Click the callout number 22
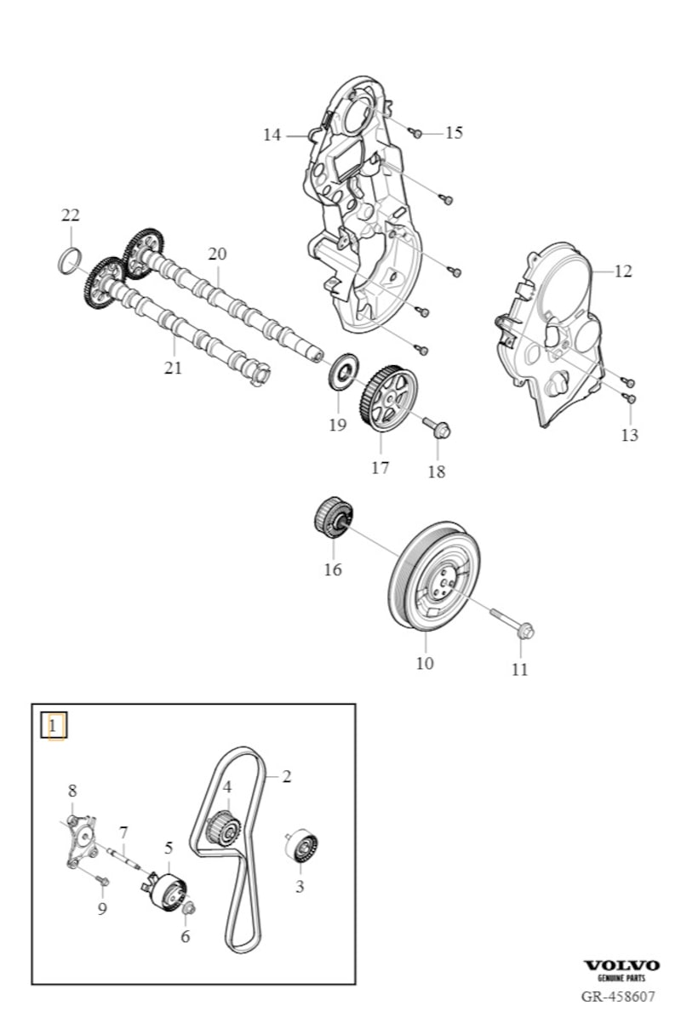pos(70,214)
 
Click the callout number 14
pos(272,134)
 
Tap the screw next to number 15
pos(416,133)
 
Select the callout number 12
pos(623,271)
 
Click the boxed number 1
pos(54,726)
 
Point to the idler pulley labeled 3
pos(302,847)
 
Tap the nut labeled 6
pos(189,909)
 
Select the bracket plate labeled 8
pos(81,841)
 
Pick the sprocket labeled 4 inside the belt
pos(224,827)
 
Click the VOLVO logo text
pos(621,965)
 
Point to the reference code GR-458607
pos(619,996)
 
